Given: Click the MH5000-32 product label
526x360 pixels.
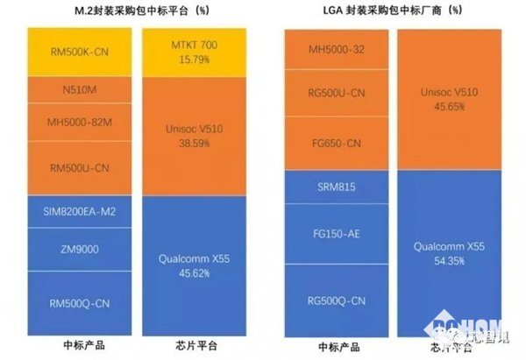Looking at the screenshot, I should (x=338, y=49).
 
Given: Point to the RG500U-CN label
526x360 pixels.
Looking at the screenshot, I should (x=338, y=96).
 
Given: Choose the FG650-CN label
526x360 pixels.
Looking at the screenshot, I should (x=338, y=143).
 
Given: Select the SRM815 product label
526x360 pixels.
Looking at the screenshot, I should (x=338, y=187).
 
